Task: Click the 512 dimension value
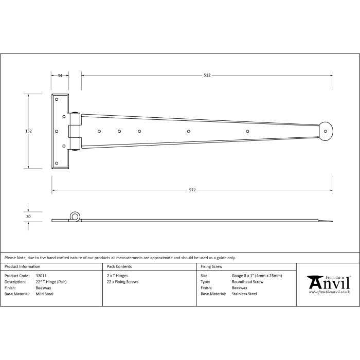click(207, 75)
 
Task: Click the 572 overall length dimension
click(192, 190)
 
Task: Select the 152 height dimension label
click(28, 131)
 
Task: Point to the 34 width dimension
click(60, 75)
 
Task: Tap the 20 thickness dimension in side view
click(28, 217)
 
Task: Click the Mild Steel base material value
click(45, 294)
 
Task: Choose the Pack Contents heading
click(119, 266)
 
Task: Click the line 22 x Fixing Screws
click(122, 282)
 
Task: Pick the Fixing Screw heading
click(211, 266)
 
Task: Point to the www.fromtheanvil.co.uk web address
click(330, 292)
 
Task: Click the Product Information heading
click(22, 266)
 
